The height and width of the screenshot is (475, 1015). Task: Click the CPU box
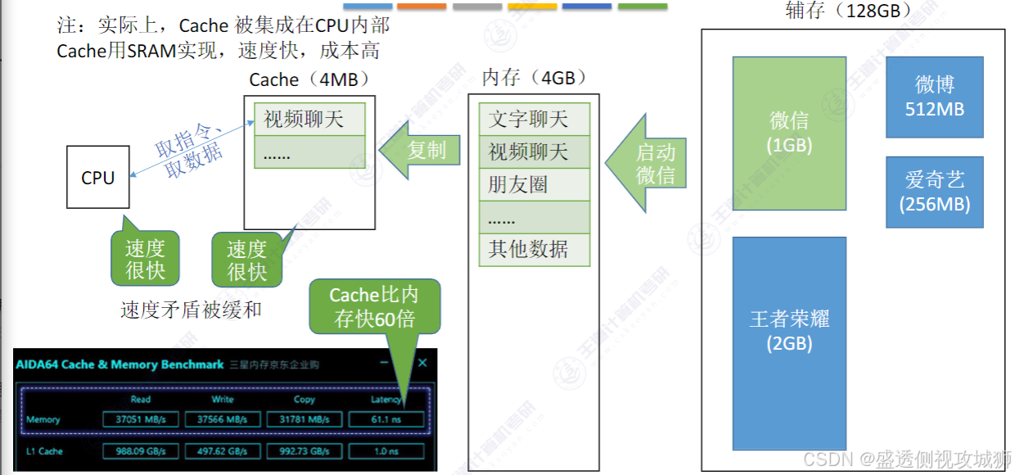pyautogui.click(x=97, y=177)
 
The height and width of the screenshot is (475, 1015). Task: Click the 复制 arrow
pyautogui.click(x=422, y=150)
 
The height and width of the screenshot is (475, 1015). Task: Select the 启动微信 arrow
pyautogui.click(x=650, y=163)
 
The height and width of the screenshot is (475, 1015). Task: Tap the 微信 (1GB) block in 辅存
pyautogui.click(x=789, y=132)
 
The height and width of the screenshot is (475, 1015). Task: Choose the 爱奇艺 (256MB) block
pyautogui.click(x=934, y=192)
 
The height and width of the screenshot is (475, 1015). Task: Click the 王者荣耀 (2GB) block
pyautogui.click(x=789, y=330)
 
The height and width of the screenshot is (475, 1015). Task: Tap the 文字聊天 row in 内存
pyautogui.click(x=528, y=120)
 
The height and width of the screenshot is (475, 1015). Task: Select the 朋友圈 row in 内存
pyautogui.click(x=528, y=184)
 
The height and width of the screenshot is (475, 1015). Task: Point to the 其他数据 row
pyautogui.click(x=528, y=249)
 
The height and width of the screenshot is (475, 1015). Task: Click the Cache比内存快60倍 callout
pyautogui.click(x=374, y=306)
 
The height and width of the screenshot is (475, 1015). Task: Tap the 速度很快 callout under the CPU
pyautogui.click(x=145, y=260)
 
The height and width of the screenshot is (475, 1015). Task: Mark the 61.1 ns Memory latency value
pyautogui.click(x=386, y=419)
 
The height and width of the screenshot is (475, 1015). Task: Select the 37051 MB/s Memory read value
pyautogui.click(x=141, y=419)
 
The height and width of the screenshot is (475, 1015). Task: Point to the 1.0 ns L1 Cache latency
pyautogui.click(x=386, y=451)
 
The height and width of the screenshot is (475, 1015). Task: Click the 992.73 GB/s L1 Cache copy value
pyautogui.click(x=304, y=451)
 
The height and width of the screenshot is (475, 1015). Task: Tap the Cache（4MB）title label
pyautogui.click(x=309, y=79)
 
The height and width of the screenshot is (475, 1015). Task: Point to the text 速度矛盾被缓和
pyautogui.click(x=191, y=310)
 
